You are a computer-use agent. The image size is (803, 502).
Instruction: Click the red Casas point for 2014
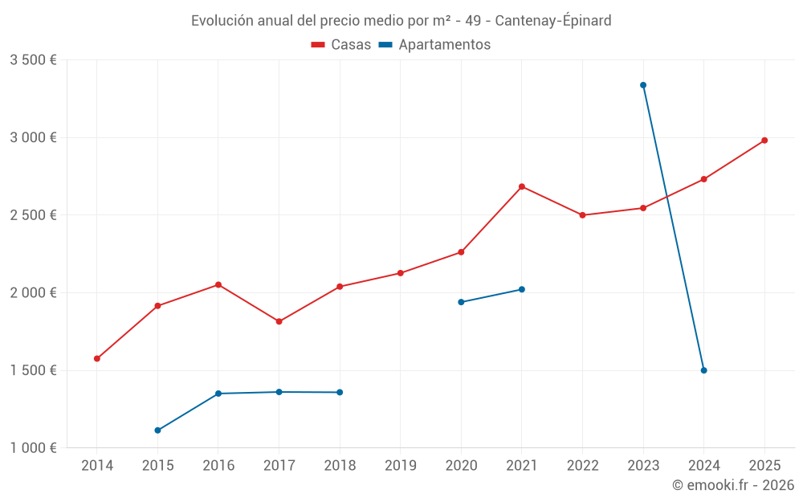(x=97, y=359)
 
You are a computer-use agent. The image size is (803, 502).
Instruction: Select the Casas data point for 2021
(x=522, y=186)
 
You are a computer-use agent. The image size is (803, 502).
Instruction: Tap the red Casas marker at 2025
(x=764, y=141)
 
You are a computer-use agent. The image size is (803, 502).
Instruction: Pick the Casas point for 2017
(x=279, y=321)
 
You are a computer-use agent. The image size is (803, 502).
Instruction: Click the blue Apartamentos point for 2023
(x=643, y=85)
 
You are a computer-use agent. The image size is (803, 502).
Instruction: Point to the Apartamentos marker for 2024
(x=703, y=370)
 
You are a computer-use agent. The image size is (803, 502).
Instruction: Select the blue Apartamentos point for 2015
(x=157, y=431)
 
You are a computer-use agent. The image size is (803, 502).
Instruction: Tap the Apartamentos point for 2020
(x=461, y=302)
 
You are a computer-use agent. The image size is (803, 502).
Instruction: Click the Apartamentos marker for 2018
(x=340, y=392)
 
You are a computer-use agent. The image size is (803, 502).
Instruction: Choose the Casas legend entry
(x=341, y=45)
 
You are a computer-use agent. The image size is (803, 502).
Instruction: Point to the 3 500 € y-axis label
(x=33, y=60)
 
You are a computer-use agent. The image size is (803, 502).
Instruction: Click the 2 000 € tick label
(x=33, y=293)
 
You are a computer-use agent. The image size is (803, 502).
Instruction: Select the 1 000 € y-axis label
(x=33, y=448)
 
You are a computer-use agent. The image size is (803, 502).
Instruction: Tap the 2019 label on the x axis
(x=401, y=466)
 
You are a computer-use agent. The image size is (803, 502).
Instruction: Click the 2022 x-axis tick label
(x=582, y=466)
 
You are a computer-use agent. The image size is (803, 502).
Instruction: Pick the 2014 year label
(x=97, y=466)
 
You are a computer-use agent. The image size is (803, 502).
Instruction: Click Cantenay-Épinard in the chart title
(x=553, y=21)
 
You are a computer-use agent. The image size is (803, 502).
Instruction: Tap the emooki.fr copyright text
(x=733, y=485)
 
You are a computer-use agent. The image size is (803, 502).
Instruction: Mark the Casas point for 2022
(x=582, y=215)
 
